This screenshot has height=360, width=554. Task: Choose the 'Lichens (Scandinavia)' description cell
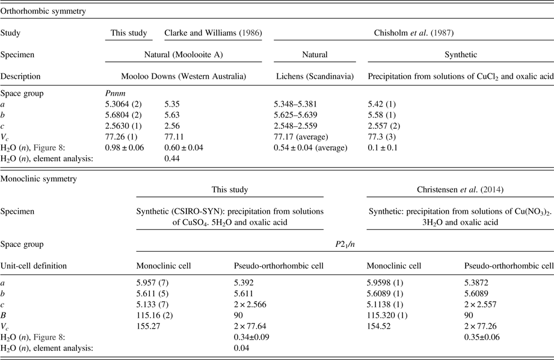pos(313,76)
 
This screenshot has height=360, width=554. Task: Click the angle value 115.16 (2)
pos(156,315)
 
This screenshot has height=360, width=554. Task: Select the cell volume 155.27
pos(150,326)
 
